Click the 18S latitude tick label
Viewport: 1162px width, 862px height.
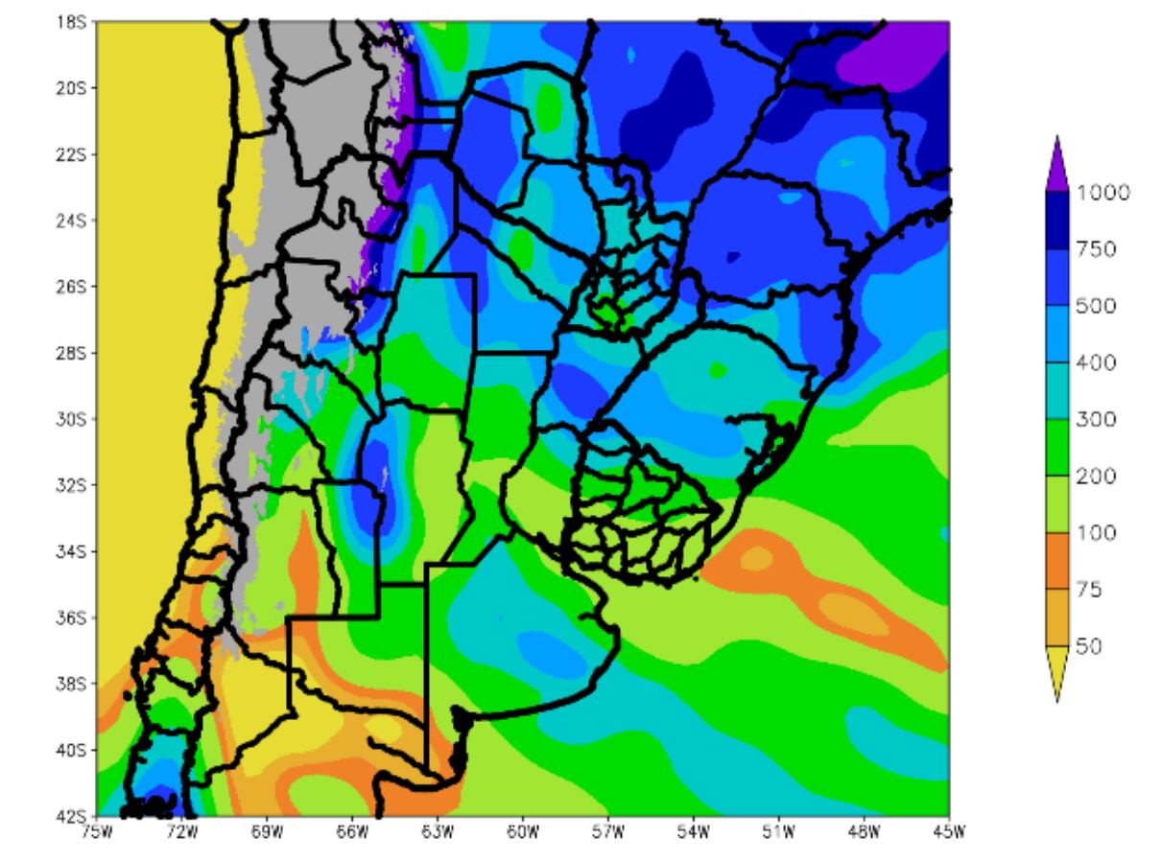(x=71, y=21)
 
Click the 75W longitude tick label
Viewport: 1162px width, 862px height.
(x=96, y=831)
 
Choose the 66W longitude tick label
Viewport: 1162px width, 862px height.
(x=352, y=831)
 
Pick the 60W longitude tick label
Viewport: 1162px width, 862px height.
(x=523, y=831)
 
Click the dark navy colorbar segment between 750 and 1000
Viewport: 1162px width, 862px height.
(x=1056, y=221)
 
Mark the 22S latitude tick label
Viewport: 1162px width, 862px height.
(x=71, y=153)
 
